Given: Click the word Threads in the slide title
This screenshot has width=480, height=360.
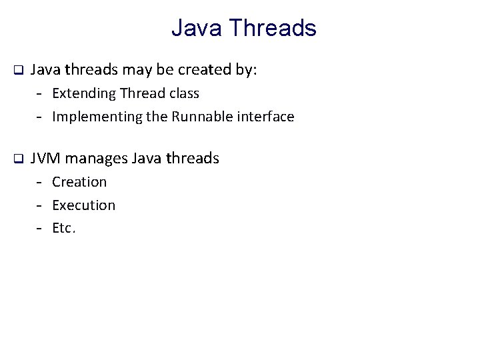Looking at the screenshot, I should click(273, 28).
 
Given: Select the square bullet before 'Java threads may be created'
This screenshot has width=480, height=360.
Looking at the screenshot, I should click(19, 69).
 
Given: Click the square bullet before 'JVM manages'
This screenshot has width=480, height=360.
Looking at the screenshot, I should click(19, 159).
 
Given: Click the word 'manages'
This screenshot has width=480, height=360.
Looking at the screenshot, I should click(97, 158).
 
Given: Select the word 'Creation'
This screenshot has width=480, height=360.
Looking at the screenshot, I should click(79, 181).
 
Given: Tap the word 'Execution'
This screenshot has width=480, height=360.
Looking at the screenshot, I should click(83, 205).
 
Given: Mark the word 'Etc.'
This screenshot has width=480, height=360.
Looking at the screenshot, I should click(64, 229).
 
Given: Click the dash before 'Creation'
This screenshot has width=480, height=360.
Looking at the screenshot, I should click(40, 182).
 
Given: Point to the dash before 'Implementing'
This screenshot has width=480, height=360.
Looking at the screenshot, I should click(40, 117).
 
